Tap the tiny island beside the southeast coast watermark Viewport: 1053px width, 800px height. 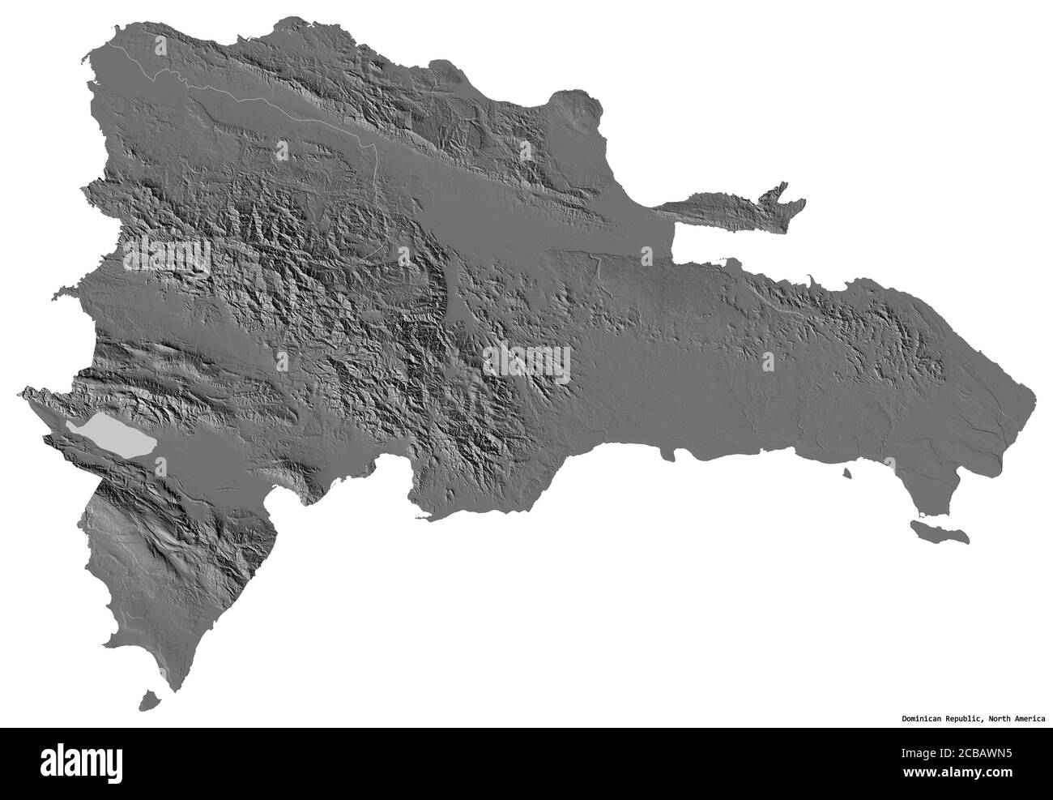pos(846,473)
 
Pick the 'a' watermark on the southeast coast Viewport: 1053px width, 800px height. pos(890,463)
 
